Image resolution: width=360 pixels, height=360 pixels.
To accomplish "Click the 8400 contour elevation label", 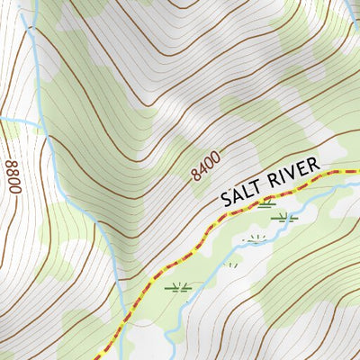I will tap(205, 166).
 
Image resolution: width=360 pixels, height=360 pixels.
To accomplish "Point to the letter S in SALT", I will tap(229, 199).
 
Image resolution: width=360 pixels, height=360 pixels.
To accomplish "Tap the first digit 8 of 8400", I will tap(195, 175).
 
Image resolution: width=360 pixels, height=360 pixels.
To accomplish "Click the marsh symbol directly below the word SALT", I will tap(265, 205).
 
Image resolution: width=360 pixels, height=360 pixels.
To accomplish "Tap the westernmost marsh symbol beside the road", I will tap(177, 288).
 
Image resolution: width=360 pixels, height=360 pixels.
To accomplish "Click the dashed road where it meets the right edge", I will tap(357, 169).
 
